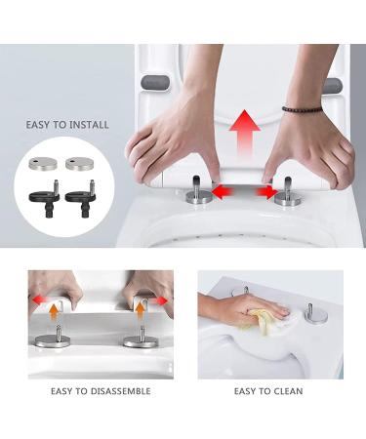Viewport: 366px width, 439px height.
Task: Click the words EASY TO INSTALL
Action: pyautogui.click(x=68, y=126)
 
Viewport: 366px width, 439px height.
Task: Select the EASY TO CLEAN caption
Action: pyautogui.click(x=268, y=391)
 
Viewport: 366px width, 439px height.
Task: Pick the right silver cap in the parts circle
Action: pyautogui.click(x=80, y=163)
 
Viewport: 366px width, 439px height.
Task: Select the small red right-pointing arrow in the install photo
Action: pyautogui.click(x=266, y=189)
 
